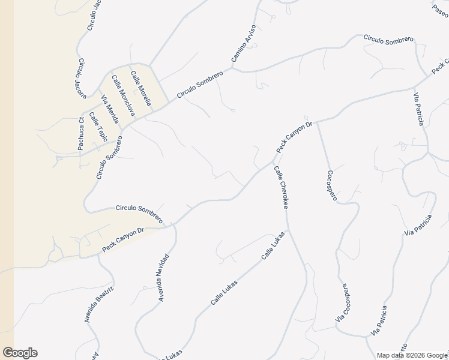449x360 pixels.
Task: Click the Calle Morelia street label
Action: (x=140, y=89)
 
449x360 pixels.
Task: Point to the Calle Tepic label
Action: (x=98, y=127)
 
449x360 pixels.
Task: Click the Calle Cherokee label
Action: (x=281, y=188)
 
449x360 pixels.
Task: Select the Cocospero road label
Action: (x=331, y=185)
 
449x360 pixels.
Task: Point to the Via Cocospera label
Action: (x=343, y=303)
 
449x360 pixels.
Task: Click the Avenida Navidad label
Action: (x=161, y=277)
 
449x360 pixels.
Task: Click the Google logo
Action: (x=20, y=353)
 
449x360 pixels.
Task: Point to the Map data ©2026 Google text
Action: (x=412, y=355)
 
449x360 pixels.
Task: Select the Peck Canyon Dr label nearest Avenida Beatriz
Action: (x=123, y=239)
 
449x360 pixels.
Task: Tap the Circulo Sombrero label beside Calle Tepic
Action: (x=109, y=157)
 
